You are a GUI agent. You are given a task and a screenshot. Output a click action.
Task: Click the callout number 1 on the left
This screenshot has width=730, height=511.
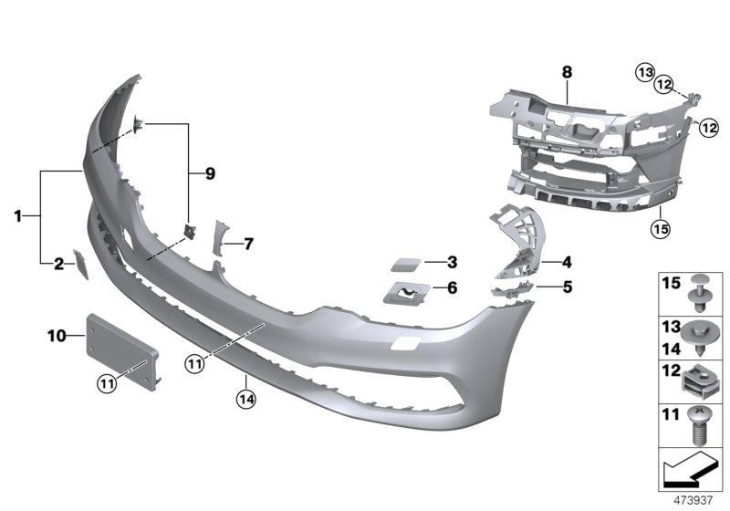pos(17,216)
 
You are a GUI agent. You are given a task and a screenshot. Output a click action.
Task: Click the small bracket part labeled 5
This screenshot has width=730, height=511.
pos(507,290)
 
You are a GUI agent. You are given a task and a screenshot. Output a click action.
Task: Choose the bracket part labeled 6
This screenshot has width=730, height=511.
pos(405,293)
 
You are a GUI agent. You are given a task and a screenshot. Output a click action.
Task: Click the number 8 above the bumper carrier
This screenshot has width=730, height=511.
pos(567,70)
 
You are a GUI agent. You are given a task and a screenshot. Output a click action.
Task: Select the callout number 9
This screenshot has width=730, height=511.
pos(210,173)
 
